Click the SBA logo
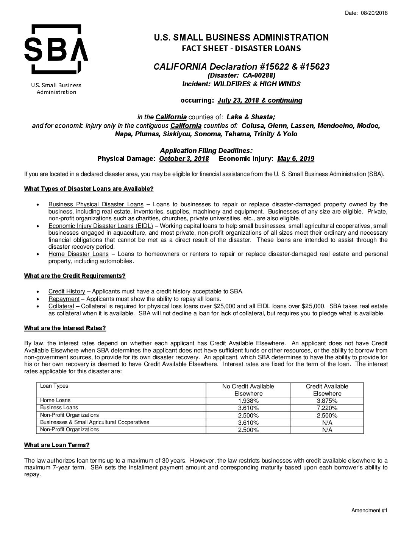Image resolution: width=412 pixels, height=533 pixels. [56, 49]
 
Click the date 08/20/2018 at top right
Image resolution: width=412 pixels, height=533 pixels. [374, 13]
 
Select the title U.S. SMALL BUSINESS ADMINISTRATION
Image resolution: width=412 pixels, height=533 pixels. [241, 37]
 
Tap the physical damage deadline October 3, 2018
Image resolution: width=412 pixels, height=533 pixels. [184, 159]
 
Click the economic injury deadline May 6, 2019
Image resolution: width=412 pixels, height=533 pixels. [295, 159]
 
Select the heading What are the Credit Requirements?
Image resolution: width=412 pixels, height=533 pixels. [75, 276]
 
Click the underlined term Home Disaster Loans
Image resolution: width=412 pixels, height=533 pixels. [78, 254]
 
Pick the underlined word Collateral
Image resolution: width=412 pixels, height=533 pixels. [61, 306]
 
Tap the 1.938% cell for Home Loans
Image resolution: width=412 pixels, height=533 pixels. [248, 401]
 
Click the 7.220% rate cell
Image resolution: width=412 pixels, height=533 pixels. [327, 408]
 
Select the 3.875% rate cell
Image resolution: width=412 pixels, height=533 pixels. [327, 401]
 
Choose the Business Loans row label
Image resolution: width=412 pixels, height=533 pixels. [59, 407]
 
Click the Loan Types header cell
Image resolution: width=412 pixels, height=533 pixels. [54, 386]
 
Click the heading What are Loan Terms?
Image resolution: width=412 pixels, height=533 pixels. [57, 445]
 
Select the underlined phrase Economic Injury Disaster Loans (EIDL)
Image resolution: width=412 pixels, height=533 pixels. [100, 226]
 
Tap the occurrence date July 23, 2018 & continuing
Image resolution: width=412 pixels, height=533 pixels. [260, 100]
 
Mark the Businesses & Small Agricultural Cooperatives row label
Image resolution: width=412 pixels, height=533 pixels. [95, 422]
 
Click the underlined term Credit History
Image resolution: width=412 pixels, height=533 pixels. [67, 291]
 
